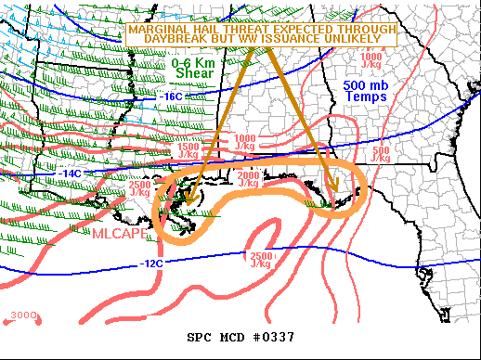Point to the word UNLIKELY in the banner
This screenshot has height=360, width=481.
(360, 40)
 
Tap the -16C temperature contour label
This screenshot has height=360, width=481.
(172, 96)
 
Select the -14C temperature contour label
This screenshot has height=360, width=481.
(71, 174)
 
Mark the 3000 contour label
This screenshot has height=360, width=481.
(22, 316)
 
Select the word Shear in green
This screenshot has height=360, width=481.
(192, 73)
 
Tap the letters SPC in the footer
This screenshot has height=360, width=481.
(201, 337)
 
